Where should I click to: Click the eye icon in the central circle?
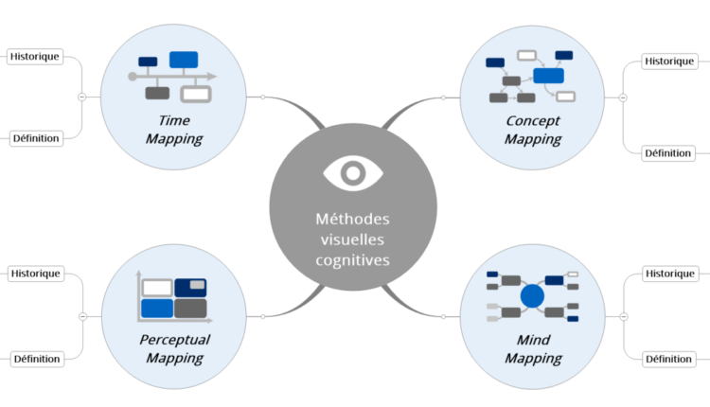[x=352, y=172]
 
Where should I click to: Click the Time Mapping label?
[x=174, y=130]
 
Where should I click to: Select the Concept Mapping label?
[x=532, y=130]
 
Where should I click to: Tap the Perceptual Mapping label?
[x=174, y=348]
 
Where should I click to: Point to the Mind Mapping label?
[x=532, y=348]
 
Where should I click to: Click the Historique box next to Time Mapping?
[x=34, y=56]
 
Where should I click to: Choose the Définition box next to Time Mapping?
[x=36, y=138]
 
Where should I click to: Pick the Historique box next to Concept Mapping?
[x=668, y=62]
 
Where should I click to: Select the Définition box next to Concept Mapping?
[x=667, y=152]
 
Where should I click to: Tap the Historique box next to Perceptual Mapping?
[x=35, y=274]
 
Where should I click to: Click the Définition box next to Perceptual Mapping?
[x=36, y=359]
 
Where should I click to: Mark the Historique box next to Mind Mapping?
[x=668, y=274]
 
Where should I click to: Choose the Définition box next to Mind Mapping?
[x=667, y=359]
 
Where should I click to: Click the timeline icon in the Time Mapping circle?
[x=173, y=76]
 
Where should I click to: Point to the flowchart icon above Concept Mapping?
[x=531, y=76]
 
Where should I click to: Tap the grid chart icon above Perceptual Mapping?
[x=173, y=296]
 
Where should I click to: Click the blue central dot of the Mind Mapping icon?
[x=532, y=296]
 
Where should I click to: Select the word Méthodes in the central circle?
[x=352, y=219]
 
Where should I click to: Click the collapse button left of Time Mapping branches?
[x=82, y=97]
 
